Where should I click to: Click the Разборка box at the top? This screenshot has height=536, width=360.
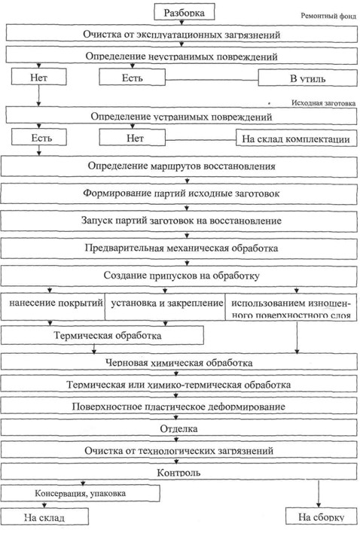pos(185,12)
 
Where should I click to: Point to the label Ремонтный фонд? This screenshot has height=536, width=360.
pos(328,16)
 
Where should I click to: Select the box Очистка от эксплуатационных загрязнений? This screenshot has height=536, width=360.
pos(182,33)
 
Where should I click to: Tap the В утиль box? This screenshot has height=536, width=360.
pos(308,78)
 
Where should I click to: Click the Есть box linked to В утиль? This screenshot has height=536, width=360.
pos(133,77)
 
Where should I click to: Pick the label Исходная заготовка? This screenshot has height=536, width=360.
pos(323,102)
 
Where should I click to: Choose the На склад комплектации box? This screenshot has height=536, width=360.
pos(296,138)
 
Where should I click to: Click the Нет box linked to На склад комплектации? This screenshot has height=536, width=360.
pos(133,138)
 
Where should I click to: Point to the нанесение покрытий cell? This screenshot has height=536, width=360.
pos(53,306)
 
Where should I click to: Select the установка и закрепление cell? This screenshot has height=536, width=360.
pos(165,306)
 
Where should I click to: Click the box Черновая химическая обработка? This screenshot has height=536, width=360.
pos(179,361)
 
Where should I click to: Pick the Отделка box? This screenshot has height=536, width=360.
pos(179,428)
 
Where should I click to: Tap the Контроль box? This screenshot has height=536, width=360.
pos(179,471)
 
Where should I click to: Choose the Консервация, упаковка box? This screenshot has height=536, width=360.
pos(81,493)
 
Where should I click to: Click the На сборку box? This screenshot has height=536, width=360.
pos(322,516)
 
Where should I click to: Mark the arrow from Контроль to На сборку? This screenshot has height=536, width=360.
pos(319,494)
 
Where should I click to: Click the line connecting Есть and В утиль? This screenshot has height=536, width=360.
pos(212,81)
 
